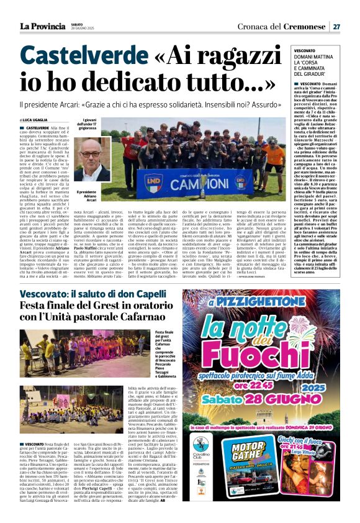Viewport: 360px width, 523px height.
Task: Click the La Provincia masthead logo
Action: click(x=45, y=25)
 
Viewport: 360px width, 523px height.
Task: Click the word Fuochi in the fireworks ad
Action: click(x=271, y=355)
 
